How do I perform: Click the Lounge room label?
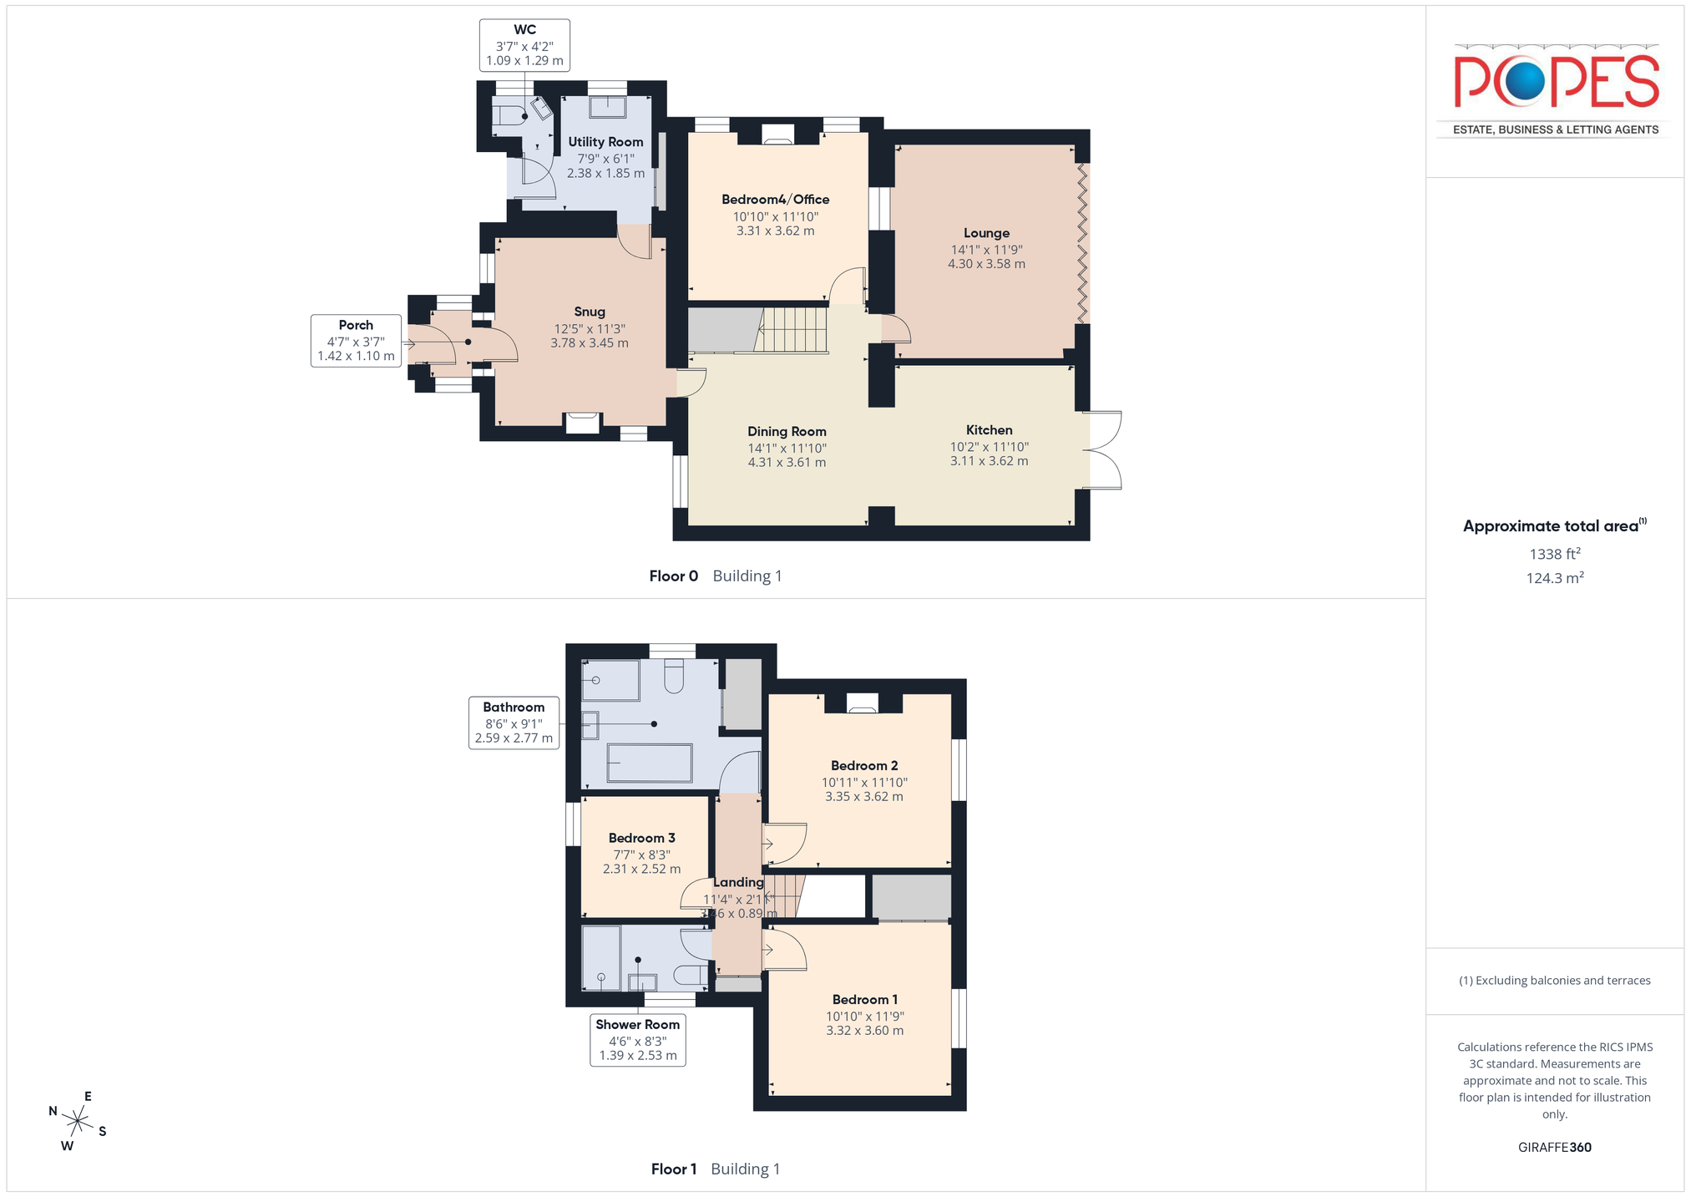(x=986, y=233)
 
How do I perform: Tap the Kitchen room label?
(x=989, y=430)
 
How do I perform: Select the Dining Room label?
(x=787, y=431)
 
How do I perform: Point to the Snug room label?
(x=590, y=312)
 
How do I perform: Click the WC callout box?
(x=524, y=45)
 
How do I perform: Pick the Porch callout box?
(x=356, y=341)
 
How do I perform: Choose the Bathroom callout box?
(x=514, y=723)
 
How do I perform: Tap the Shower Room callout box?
(x=638, y=1040)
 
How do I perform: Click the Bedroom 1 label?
(x=865, y=1000)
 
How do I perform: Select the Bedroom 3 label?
(x=641, y=838)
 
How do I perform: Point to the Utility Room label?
(x=605, y=142)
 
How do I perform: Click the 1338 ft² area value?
(x=1555, y=554)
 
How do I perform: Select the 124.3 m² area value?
(x=1555, y=578)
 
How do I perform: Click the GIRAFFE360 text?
(x=1555, y=1147)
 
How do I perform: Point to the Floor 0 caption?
(x=673, y=576)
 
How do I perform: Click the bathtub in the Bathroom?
(x=650, y=763)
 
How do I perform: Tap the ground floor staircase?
(x=792, y=330)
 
